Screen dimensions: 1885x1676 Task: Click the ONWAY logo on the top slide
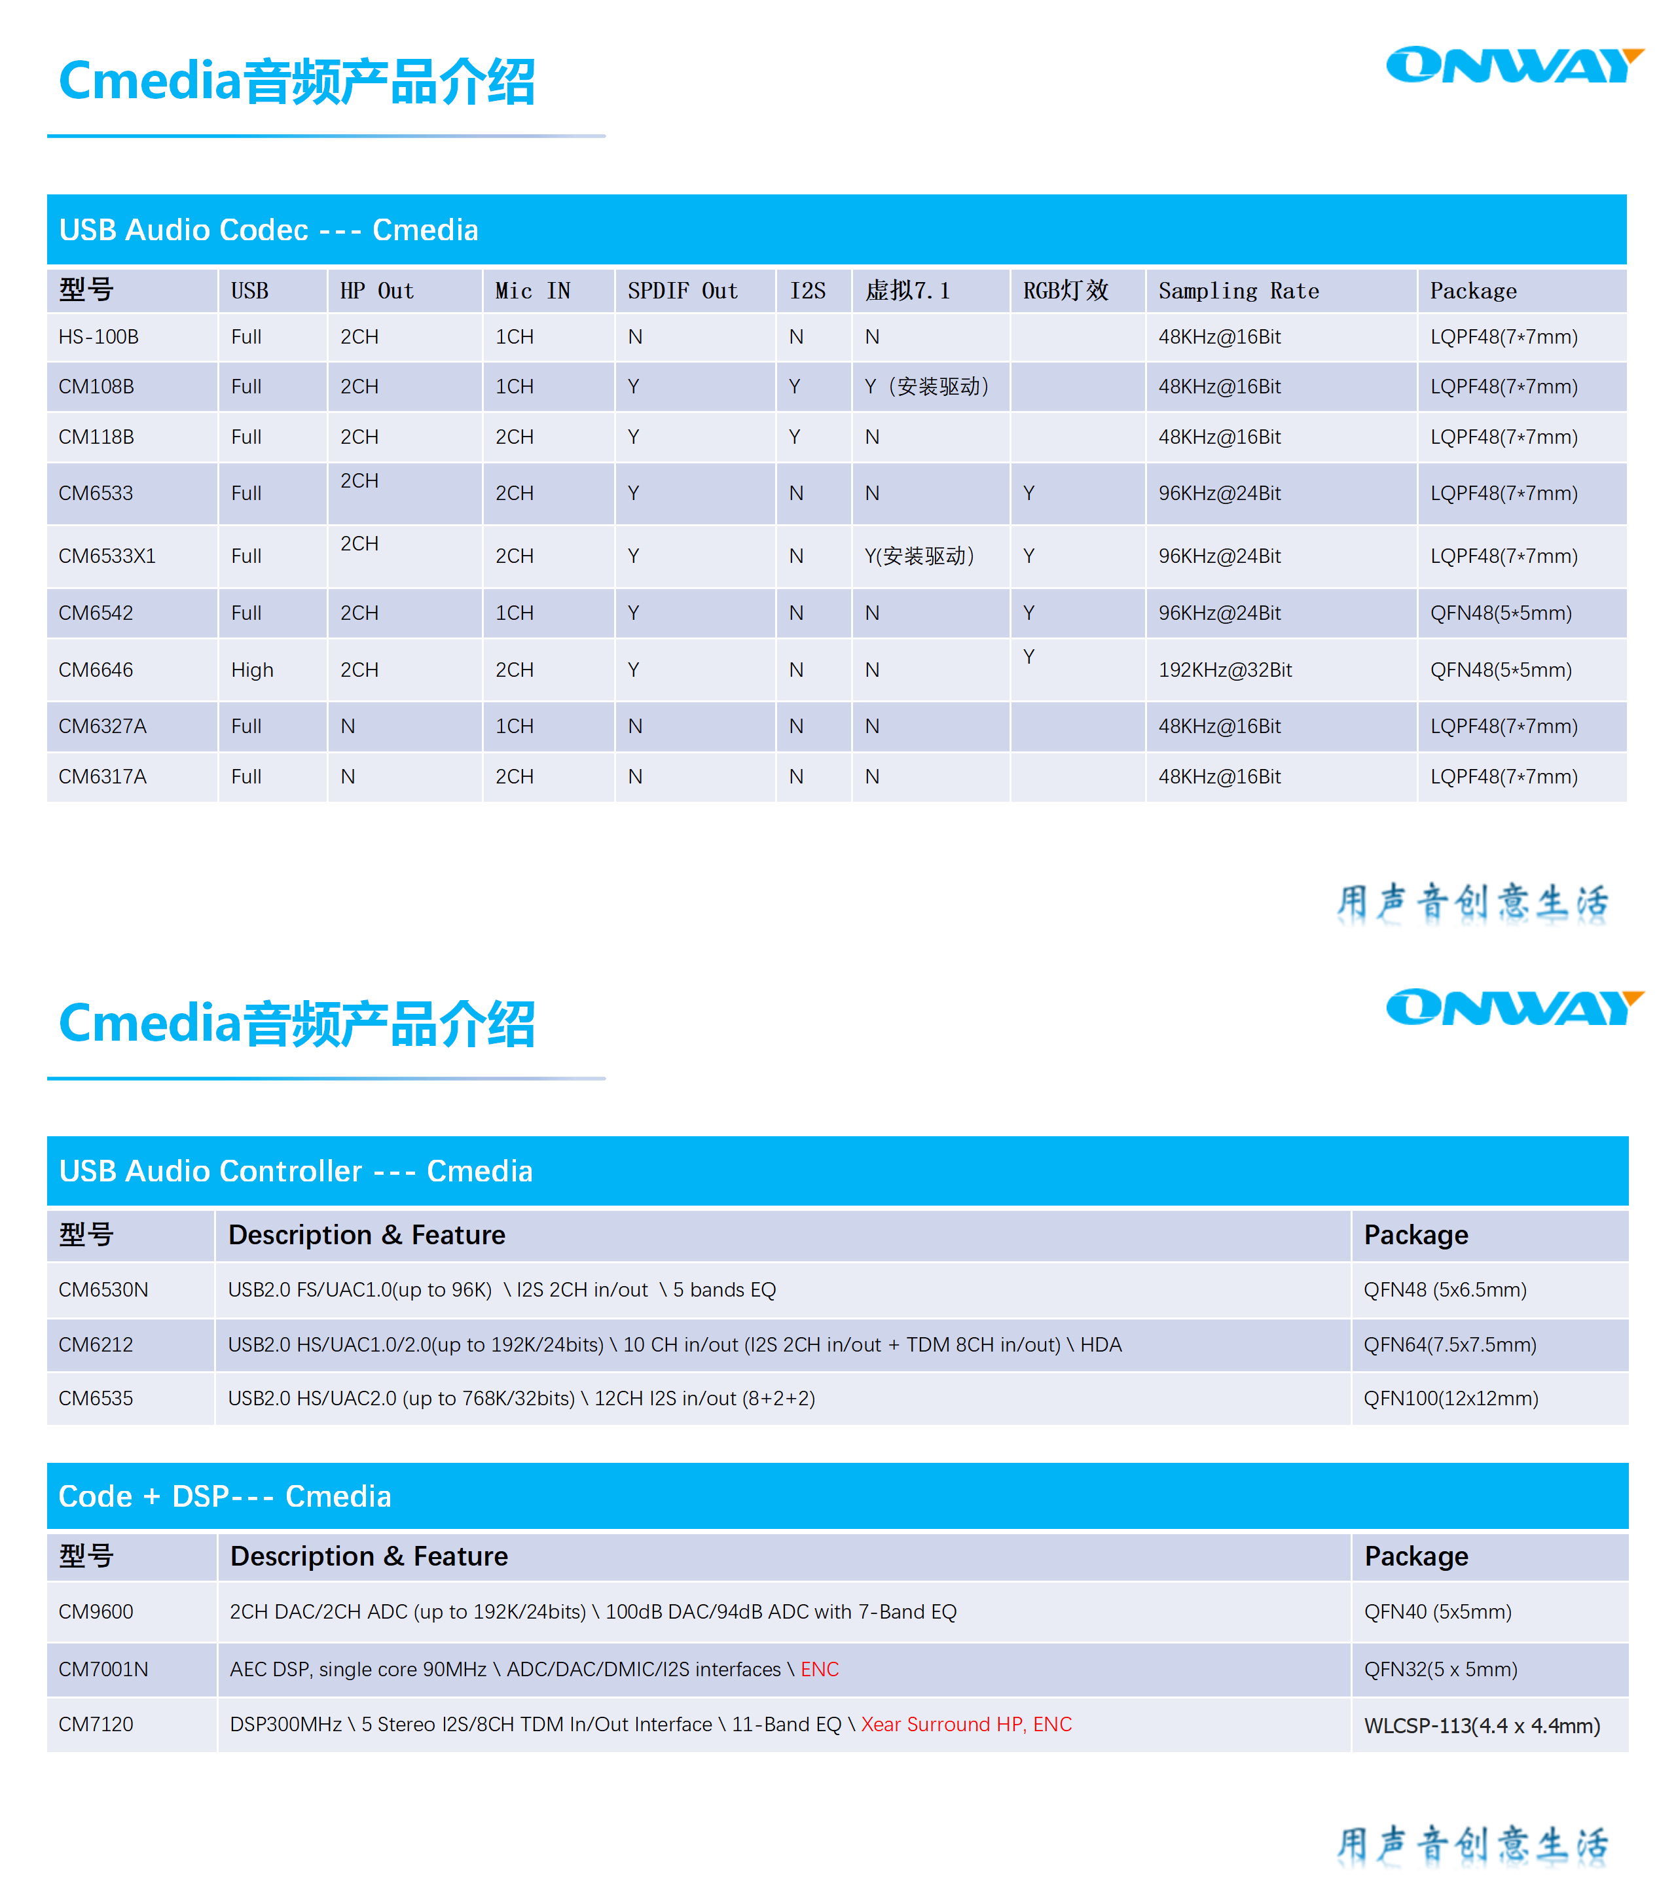(1514, 65)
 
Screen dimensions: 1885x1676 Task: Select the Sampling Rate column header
(1238, 291)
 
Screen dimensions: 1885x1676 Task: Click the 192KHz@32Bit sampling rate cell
(1225, 670)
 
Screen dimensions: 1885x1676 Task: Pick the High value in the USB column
(252, 670)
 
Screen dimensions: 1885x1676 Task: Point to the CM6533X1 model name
(107, 556)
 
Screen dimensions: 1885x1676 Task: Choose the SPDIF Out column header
(683, 291)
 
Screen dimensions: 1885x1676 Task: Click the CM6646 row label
(96, 670)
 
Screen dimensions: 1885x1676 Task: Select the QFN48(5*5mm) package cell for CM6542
(1501, 613)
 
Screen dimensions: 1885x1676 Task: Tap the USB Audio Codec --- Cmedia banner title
(268, 230)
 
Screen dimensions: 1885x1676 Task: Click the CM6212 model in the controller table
(96, 1344)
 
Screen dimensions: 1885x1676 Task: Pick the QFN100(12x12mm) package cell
(1451, 1398)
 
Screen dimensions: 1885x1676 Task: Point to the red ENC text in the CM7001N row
(819, 1669)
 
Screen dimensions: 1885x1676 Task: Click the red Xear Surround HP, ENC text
(966, 1725)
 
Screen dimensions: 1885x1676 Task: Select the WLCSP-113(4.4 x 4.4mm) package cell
(1482, 1725)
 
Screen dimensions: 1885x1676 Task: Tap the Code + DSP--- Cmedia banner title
(225, 1496)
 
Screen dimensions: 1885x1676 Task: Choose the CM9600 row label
(96, 1612)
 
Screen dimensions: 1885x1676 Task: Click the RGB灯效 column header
(1065, 291)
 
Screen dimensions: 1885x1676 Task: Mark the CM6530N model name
(103, 1289)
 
